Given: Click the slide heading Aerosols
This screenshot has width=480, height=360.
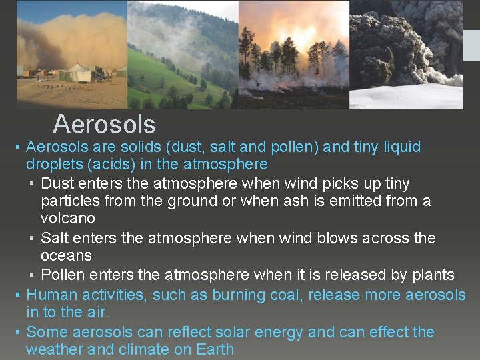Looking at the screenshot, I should click(104, 124).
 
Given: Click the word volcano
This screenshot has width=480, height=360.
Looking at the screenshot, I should click(67, 218).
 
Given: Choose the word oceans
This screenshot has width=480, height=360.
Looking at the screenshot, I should click(66, 255).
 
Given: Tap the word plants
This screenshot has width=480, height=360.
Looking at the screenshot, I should click(430, 275).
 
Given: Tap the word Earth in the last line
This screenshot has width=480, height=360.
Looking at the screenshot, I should click(215, 349).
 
